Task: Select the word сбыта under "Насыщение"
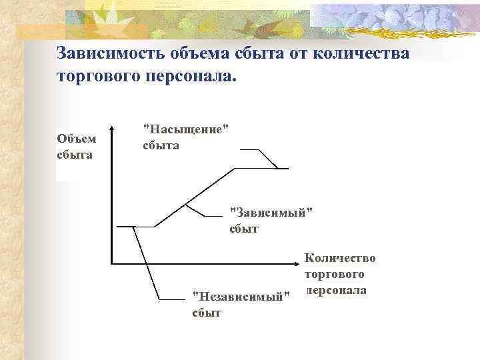click(x=161, y=145)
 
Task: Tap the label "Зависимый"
click(x=270, y=213)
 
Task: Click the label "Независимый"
click(x=241, y=295)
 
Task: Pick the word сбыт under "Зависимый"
click(x=244, y=229)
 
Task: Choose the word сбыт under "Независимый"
click(x=207, y=312)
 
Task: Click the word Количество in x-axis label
click(x=340, y=258)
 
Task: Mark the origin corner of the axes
click(x=112, y=262)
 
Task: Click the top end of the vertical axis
click(x=112, y=125)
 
